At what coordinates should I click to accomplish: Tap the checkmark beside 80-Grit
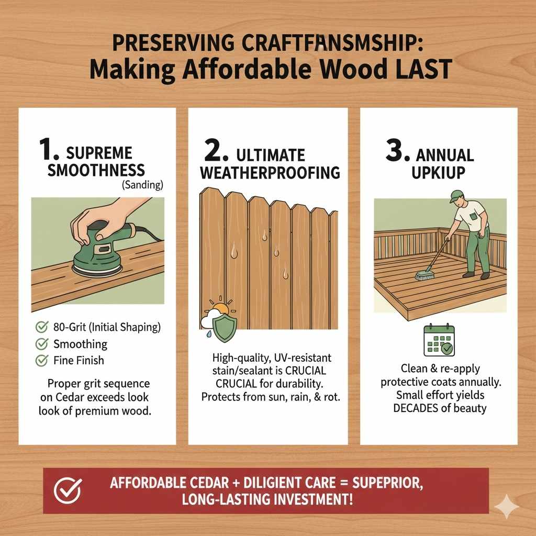[x=41, y=328]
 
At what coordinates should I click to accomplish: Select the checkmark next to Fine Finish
[x=41, y=360]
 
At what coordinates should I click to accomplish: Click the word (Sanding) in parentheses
[x=143, y=185]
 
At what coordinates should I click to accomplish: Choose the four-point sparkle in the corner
[x=507, y=507]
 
